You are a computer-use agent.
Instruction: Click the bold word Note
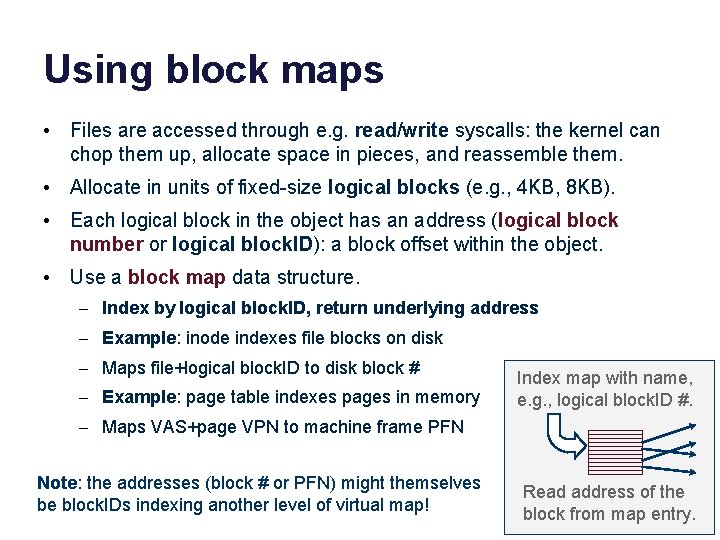56,483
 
